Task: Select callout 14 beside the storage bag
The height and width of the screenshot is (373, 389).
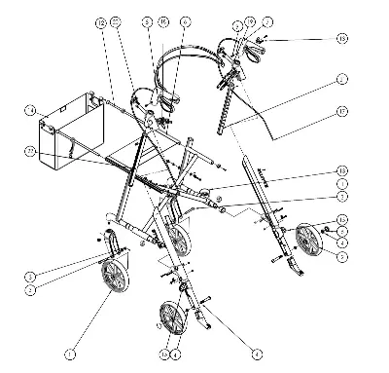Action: tap(30, 109)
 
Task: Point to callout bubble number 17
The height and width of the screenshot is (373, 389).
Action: tap(340, 110)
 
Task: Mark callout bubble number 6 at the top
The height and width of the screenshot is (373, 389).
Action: tap(186, 20)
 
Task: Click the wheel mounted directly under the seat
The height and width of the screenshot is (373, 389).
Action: tap(177, 240)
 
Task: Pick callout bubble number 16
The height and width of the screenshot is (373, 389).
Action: tap(162, 20)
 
